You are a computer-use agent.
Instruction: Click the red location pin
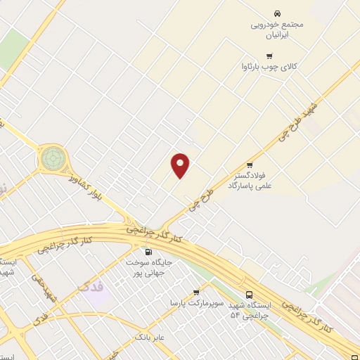click(x=181, y=165)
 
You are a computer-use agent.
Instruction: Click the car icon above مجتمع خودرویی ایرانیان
click(x=277, y=13)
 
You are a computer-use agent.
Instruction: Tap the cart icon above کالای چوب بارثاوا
click(x=268, y=56)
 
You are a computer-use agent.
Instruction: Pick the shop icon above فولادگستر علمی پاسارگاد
click(x=250, y=165)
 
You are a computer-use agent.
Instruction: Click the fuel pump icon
click(x=148, y=252)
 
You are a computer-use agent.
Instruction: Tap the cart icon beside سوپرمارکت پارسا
click(x=195, y=292)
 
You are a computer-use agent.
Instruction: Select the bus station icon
click(x=250, y=295)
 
